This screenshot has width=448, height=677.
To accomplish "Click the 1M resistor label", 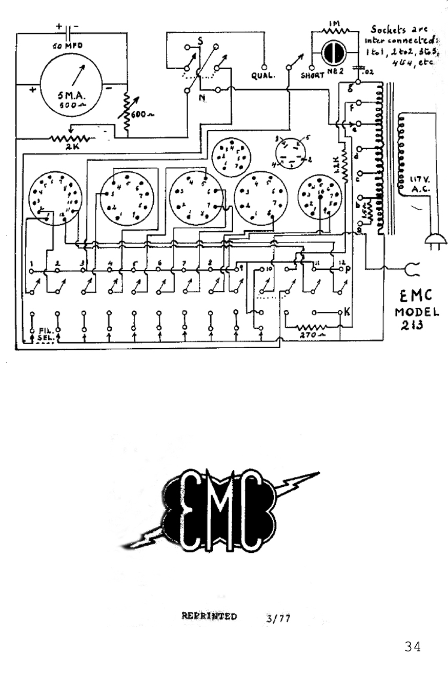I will pos(334,23).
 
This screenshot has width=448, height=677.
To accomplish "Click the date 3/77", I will pos(278,619).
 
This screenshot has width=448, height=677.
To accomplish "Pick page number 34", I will pos(412,647).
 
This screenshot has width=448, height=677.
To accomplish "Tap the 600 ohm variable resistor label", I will pos(141,115).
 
